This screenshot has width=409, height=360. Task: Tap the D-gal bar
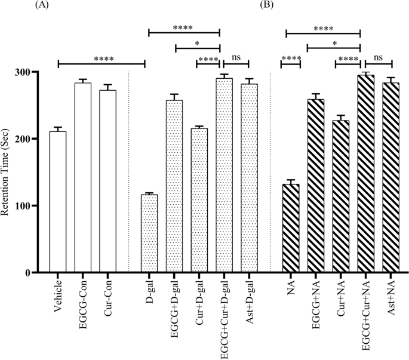coord(149,233)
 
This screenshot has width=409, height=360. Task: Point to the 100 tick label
coord(29,206)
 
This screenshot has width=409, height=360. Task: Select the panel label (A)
coord(42,5)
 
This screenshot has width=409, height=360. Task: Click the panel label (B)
coord(267,5)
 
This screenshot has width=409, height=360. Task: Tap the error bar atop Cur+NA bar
coord(340,118)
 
